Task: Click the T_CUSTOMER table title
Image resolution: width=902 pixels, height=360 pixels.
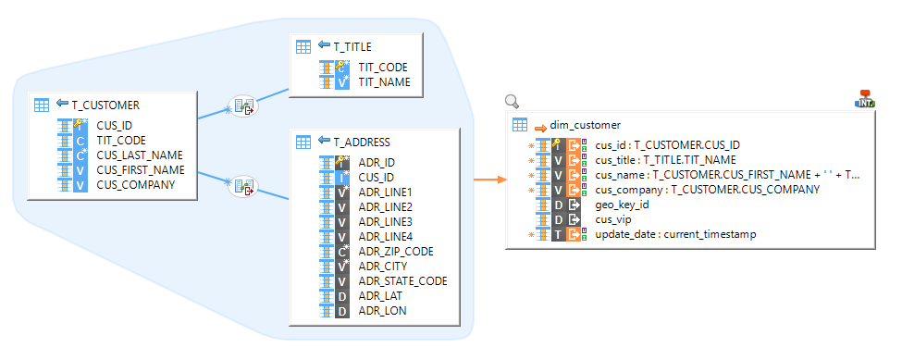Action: (105, 106)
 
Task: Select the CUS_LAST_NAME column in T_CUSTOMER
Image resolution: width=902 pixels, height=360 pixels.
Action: (140, 155)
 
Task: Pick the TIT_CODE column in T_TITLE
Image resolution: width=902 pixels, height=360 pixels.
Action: (382, 68)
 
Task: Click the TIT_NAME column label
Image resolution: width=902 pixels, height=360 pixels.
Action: (384, 82)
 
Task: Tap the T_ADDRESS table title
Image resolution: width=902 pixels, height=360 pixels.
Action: (361, 143)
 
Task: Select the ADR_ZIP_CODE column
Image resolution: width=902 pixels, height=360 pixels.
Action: (395, 251)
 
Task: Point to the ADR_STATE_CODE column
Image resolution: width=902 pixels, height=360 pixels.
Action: (402, 280)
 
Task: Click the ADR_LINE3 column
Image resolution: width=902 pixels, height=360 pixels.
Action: (386, 221)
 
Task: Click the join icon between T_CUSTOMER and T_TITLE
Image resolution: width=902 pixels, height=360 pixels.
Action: (242, 106)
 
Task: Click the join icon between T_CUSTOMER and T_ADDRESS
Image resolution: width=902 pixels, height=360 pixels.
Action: (242, 187)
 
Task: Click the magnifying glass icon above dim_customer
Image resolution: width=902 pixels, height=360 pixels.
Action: (512, 102)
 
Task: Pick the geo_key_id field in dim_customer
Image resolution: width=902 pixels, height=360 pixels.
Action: (622, 205)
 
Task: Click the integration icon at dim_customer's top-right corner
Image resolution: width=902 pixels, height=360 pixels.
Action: (865, 99)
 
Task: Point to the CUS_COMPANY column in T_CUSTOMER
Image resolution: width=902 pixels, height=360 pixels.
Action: (135, 184)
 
